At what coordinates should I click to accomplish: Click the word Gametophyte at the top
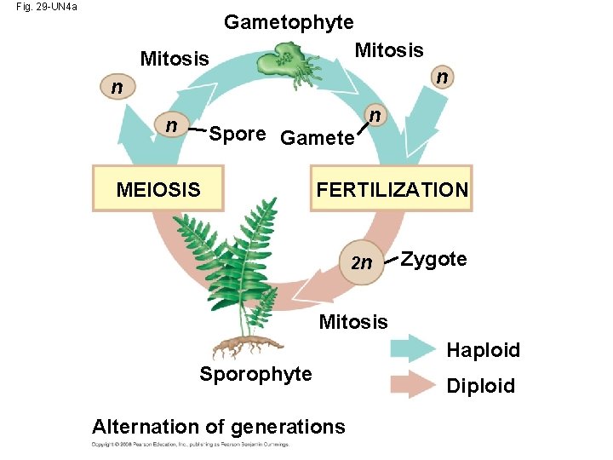click(289, 22)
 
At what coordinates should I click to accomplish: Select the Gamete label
click(316, 137)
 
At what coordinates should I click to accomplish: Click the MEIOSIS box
click(158, 189)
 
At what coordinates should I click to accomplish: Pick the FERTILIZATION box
click(392, 189)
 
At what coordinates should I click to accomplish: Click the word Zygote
click(433, 259)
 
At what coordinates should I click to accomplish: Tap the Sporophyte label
click(255, 374)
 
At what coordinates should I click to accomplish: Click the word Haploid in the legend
click(483, 350)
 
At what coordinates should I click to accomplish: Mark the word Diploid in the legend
click(481, 386)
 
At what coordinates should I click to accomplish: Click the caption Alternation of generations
click(219, 426)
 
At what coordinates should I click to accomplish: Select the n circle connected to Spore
click(171, 126)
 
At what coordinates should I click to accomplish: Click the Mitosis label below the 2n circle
click(352, 322)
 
